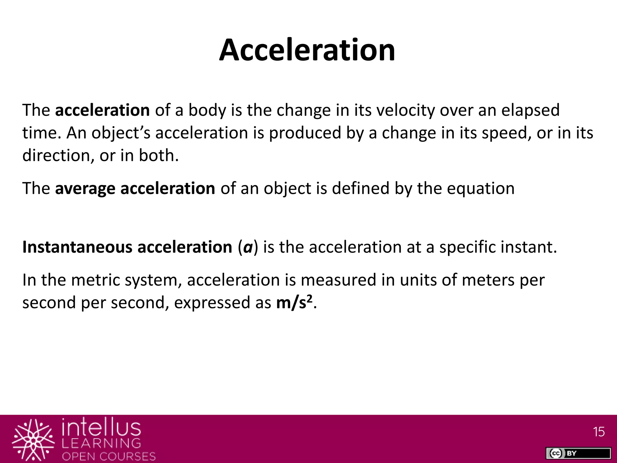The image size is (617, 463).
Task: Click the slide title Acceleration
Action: pos(307,50)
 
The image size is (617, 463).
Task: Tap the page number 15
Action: pos(599,432)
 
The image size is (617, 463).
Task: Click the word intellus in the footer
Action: pos(102,428)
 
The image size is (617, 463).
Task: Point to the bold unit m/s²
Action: pos(294,302)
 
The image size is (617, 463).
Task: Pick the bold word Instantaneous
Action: pos(77,247)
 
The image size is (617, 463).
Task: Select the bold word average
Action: pos(85,189)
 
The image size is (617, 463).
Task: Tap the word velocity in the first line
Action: pos(406,110)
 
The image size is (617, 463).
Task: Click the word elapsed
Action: pos(530,110)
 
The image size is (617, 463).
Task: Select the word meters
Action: pos(488,280)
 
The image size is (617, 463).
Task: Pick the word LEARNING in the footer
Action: pos(102,443)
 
